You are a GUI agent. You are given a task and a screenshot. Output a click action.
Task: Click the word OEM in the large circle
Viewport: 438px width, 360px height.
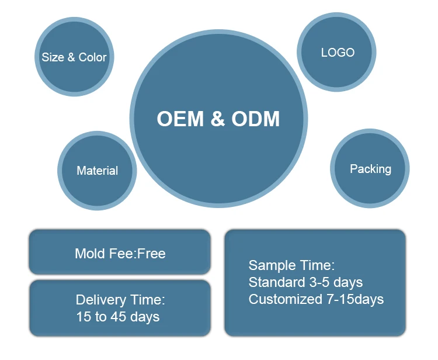(x=180, y=119)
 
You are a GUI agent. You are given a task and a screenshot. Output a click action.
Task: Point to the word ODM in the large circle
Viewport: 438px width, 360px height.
(x=256, y=119)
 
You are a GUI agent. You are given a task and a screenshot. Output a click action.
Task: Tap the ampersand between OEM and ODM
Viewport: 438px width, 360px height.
(x=217, y=119)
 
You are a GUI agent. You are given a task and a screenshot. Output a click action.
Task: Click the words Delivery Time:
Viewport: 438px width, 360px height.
(x=120, y=300)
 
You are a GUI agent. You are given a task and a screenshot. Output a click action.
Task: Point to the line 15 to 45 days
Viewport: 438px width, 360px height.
(x=118, y=317)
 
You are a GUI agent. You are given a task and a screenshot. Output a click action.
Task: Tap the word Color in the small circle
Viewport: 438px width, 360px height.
(x=93, y=57)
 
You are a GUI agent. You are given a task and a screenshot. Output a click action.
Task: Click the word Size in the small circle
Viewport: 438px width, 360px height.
(x=53, y=57)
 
